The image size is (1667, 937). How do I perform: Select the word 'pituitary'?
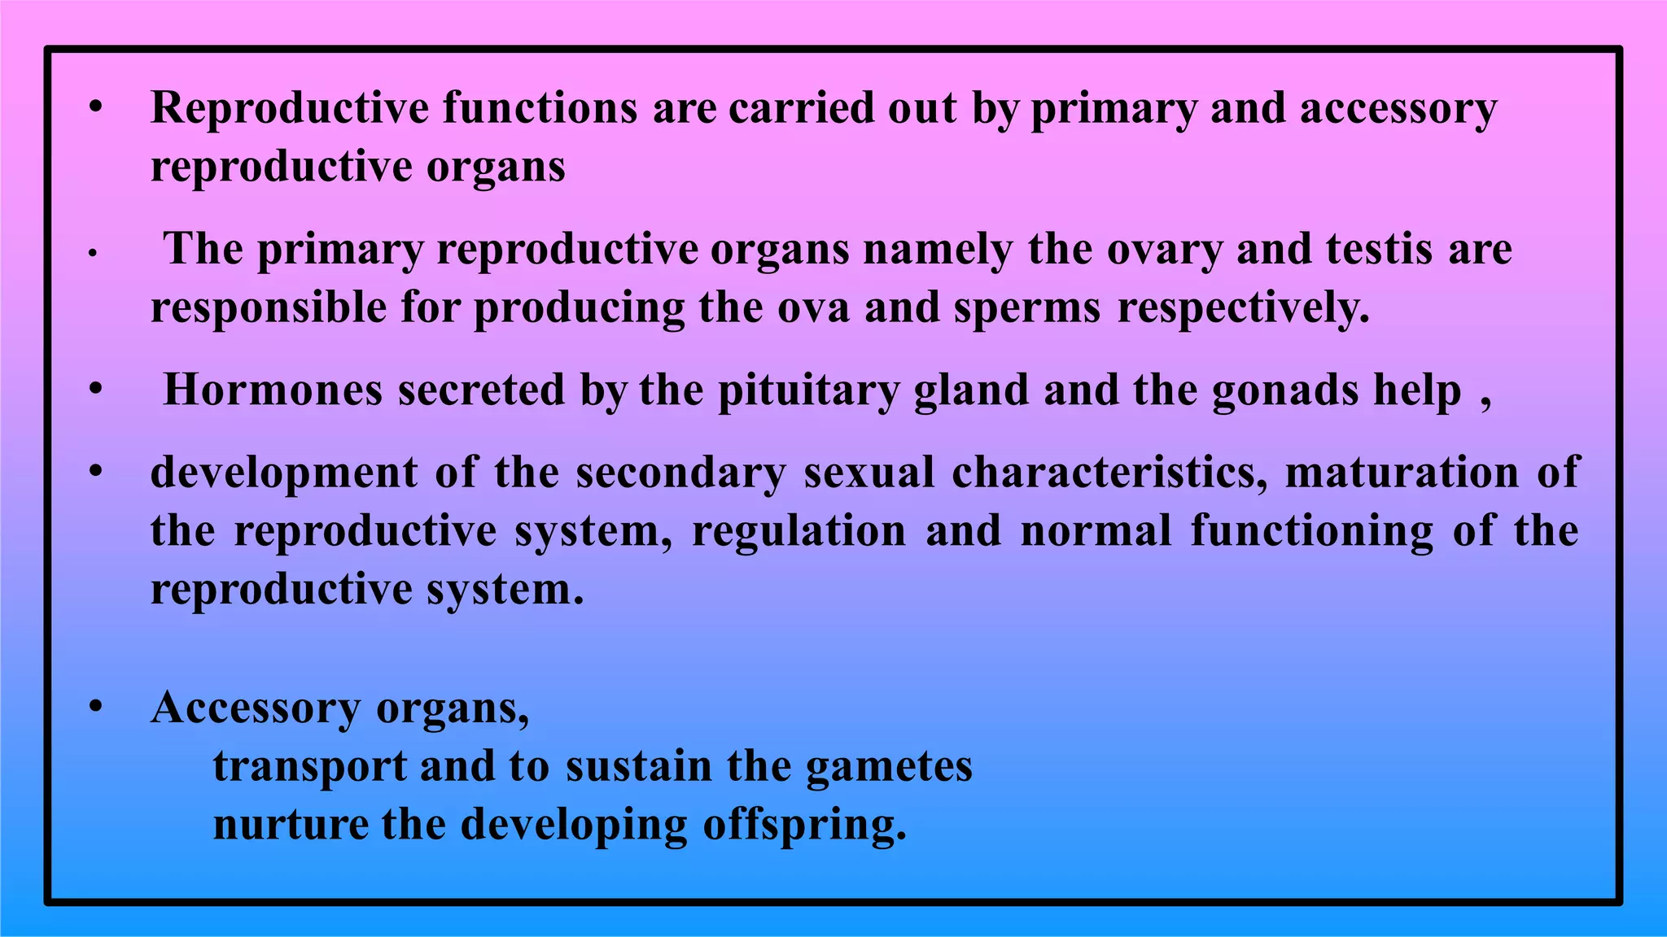[807, 390]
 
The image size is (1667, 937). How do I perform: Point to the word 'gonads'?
[1285, 390]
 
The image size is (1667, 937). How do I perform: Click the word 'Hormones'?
[273, 390]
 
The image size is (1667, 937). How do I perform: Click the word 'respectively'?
[1243, 308]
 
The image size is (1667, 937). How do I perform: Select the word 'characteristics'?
[1109, 473]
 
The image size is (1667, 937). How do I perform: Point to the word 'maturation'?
[1401, 473]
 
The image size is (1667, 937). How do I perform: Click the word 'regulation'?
[798, 530]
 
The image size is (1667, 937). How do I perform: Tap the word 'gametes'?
[889, 766]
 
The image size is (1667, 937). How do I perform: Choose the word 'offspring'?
[803, 825]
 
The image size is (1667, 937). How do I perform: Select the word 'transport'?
[309, 766]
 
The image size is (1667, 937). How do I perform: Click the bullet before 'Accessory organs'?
[96, 707]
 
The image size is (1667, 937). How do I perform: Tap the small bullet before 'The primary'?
[94, 254]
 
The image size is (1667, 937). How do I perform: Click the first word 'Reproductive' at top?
[290, 108]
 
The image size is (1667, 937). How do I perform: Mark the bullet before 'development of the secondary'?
[96, 472]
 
